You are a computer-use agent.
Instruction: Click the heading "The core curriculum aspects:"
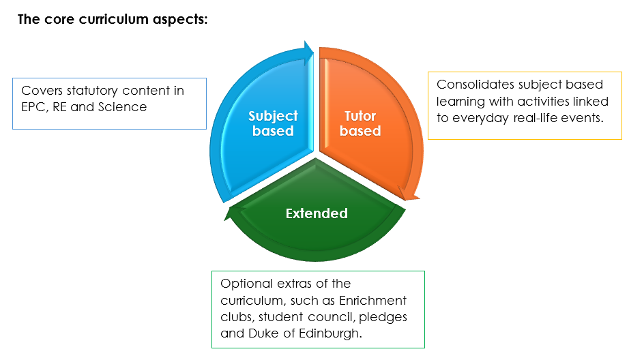point(113,19)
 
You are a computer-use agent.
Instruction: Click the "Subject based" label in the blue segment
point(272,123)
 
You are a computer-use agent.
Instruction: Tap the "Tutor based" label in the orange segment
point(360,123)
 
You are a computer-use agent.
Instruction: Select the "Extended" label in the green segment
point(317,213)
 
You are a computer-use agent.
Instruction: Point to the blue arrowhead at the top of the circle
point(308,49)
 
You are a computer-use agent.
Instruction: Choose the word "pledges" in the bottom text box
point(385,318)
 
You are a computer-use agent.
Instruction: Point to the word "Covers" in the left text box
point(40,91)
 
